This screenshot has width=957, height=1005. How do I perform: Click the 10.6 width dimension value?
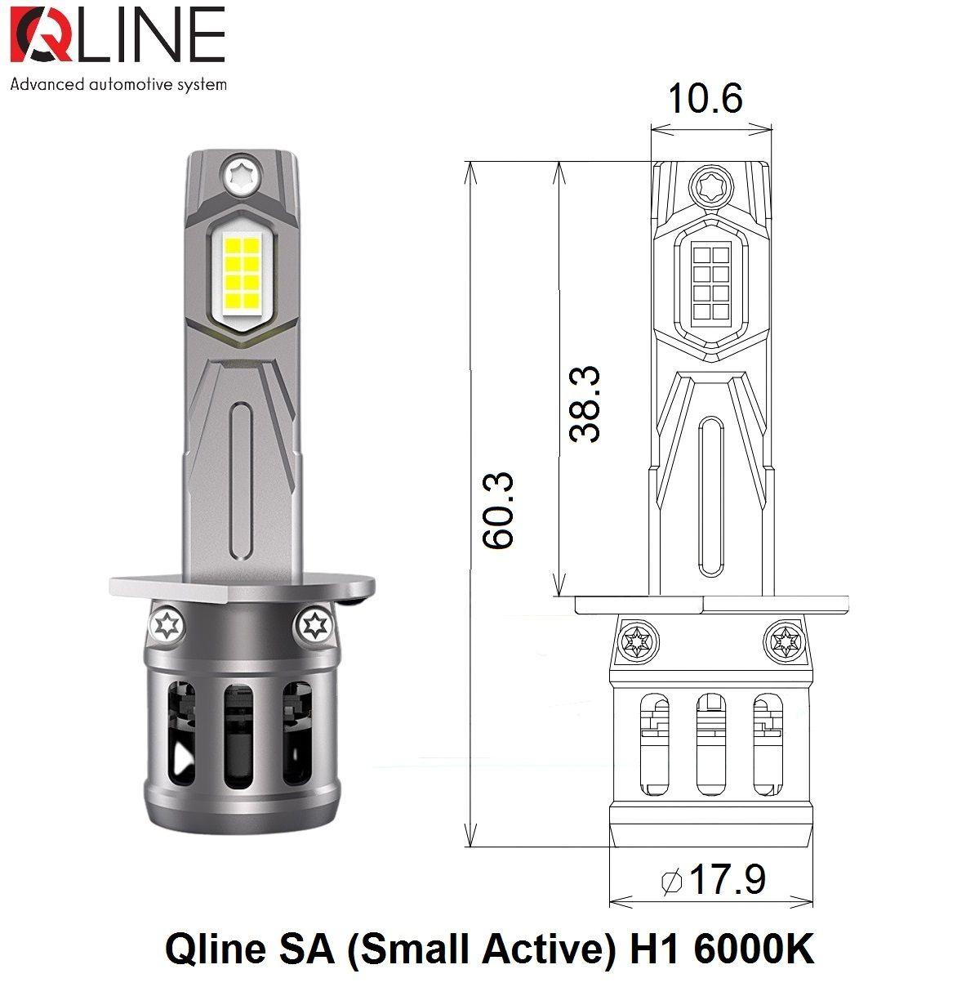[x=705, y=98]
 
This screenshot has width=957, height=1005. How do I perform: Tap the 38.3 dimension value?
[x=585, y=404]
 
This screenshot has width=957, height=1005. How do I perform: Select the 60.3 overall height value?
[x=498, y=508]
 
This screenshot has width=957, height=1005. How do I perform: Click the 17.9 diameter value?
[x=728, y=879]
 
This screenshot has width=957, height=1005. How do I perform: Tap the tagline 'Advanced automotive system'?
[x=118, y=84]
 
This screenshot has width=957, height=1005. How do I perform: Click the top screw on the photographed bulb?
[x=242, y=176]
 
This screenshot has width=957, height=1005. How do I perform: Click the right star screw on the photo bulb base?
[x=314, y=626]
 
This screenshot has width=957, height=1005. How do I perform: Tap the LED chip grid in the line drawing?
[x=710, y=283]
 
